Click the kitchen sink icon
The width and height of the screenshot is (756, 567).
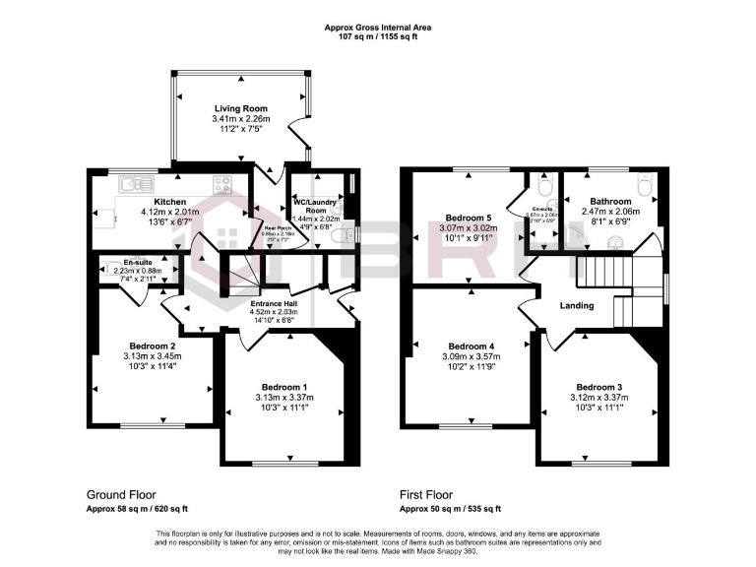point(131,183)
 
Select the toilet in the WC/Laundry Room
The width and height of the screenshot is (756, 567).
point(338,237)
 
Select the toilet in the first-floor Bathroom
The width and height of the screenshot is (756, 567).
point(646,184)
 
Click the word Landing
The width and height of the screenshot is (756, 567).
point(576,306)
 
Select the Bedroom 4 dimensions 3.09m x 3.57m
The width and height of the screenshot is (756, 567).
point(471,357)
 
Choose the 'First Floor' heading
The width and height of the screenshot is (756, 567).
point(426,495)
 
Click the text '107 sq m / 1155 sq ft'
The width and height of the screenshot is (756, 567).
point(377,37)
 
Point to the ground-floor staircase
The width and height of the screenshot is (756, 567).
point(245,276)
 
